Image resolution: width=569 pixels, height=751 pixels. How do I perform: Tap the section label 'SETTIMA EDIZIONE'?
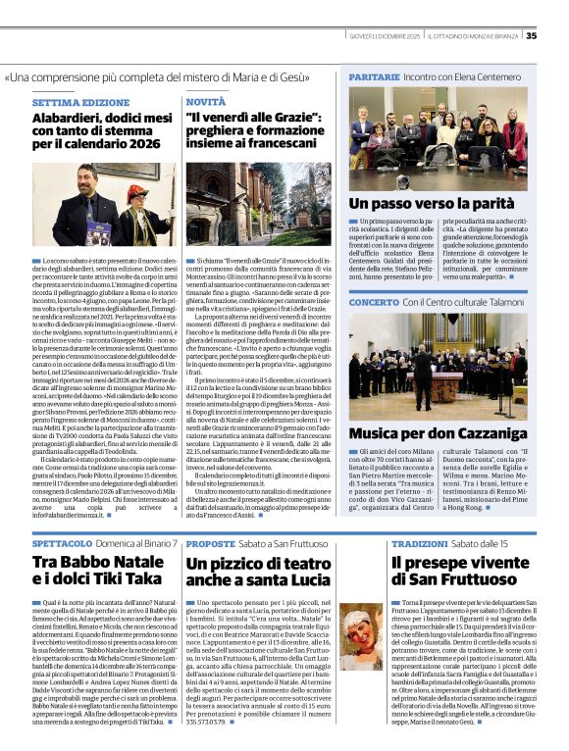pos(80,102)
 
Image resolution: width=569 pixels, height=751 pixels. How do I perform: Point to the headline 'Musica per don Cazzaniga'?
pos(439,431)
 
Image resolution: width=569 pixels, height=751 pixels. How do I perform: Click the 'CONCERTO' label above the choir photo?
pos(374,303)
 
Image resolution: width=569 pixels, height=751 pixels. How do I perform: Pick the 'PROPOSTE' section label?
pos(210,542)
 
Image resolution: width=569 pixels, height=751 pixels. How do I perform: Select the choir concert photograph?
pos(438,364)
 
